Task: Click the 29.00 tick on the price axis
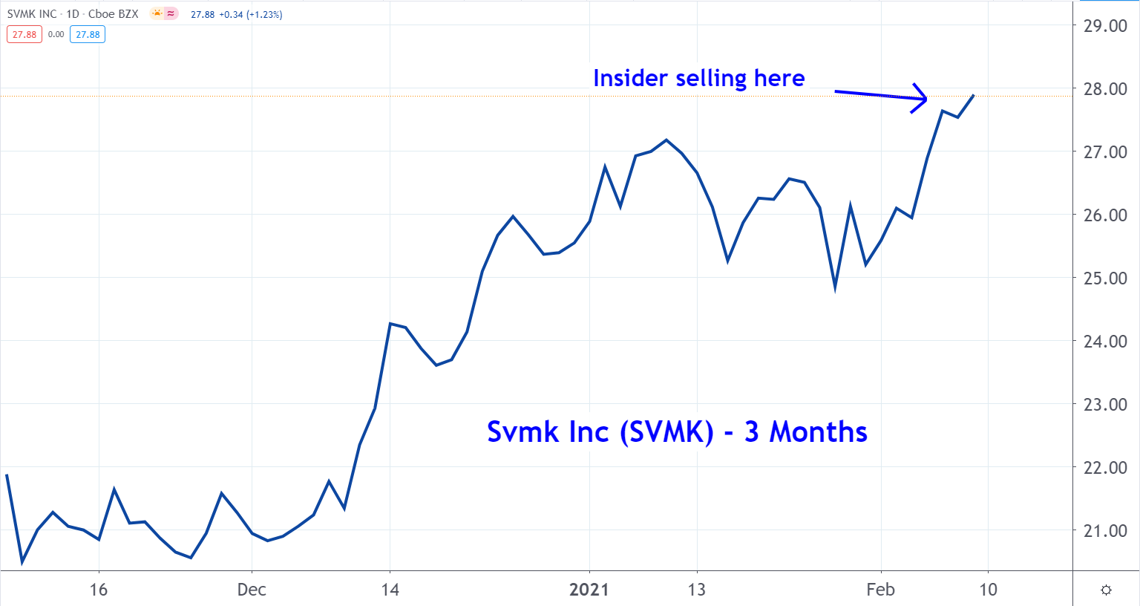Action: pos(1105,26)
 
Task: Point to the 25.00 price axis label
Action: pos(1105,278)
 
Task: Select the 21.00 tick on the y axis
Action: pos(1105,531)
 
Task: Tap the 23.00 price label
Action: pos(1105,405)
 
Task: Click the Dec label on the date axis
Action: pos(252,590)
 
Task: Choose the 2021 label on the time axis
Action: pos(589,590)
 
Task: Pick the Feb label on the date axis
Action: pos(881,590)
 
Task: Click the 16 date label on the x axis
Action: pos(99,590)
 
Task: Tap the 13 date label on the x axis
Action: pos(696,590)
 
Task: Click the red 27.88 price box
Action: pos(24,34)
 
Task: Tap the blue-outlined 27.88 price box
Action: pos(88,34)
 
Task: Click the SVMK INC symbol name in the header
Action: pos(32,14)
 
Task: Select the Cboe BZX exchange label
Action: pos(113,14)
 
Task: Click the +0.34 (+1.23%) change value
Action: pos(250,14)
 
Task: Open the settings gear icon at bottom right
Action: pos(1106,590)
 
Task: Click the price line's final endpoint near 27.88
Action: pos(973,95)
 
